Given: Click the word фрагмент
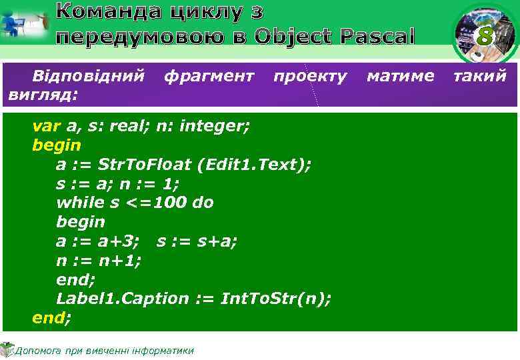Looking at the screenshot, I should coord(209,76).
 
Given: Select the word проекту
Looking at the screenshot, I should coord(310,76).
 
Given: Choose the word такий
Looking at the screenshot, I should coord(480,76).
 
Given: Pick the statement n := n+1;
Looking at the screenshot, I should coord(99,260).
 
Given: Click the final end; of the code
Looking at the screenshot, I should coord(51,318).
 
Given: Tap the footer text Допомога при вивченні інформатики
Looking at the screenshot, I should coord(104,351).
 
